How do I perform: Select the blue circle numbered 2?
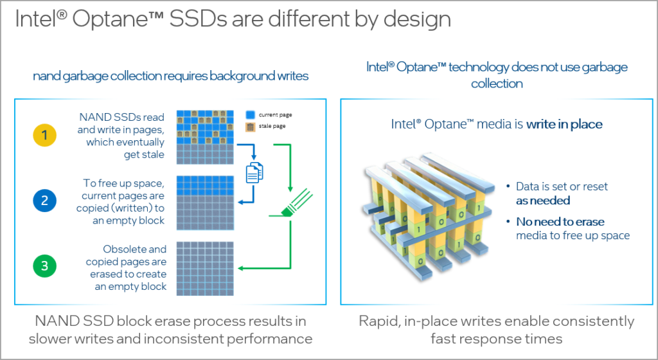[44, 201]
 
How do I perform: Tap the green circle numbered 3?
[44, 266]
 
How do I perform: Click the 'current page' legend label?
[276, 114]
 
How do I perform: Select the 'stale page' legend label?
[273, 126]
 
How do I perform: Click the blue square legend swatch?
[251, 114]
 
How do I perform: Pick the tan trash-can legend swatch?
[251, 126]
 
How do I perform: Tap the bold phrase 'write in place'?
[564, 124]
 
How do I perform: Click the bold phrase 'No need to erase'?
[560, 221]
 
